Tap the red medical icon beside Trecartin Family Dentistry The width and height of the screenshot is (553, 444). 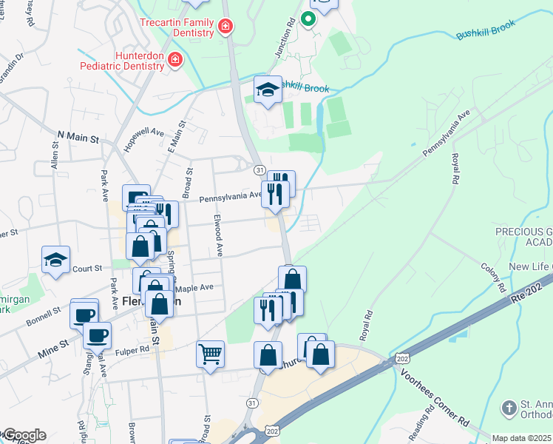pyautogui.click(x=225, y=28)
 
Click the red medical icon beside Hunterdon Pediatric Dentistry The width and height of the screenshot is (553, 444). pyautogui.click(x=175, y=59)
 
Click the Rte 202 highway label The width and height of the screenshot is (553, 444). pyautogui.click(x=525, y=292)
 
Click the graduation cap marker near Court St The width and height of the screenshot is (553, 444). pyautogui.click(x=55, y=260)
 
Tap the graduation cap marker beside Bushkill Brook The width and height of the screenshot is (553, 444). pyautogui.click(x=268, y=90)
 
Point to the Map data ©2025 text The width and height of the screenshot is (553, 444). pyautogui.click(x=522, y=438)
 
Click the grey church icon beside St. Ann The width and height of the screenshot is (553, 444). pyautogui.click(x=509, y=407)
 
